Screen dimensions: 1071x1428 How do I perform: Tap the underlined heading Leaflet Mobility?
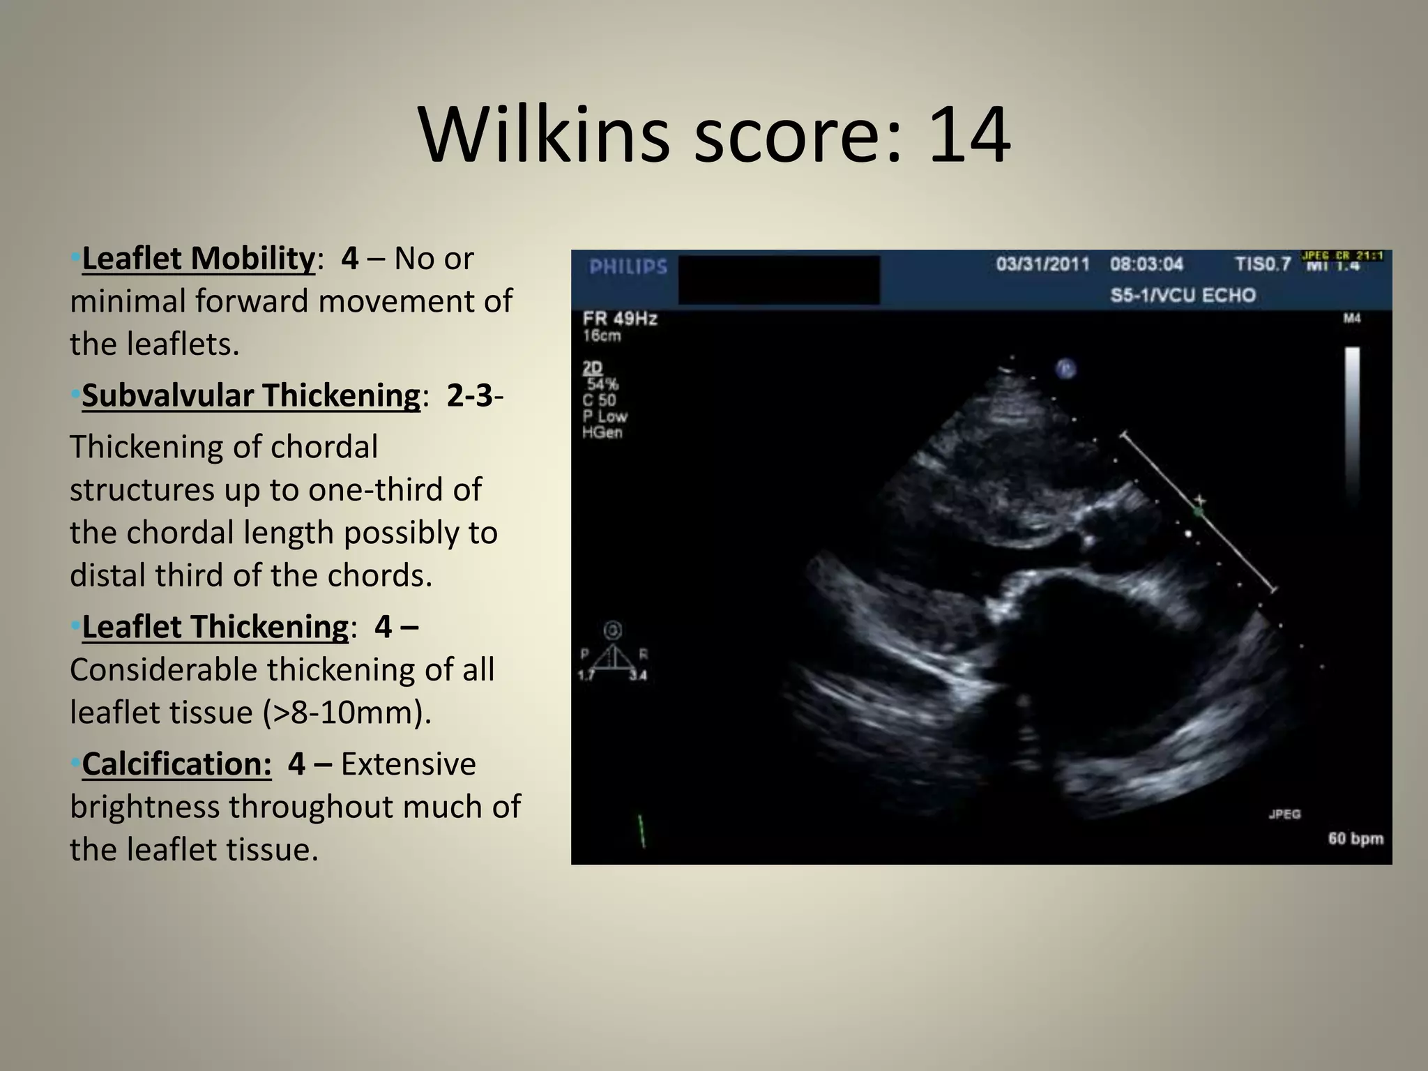pos(198,258)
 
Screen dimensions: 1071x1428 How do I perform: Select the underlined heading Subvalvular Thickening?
pos(251,395)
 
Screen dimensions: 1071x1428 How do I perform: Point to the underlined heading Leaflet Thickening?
pos(215,626)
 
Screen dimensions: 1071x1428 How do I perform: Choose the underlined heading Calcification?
pos(176,764)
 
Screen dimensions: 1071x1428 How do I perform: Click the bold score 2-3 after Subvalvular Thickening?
pos(470,395)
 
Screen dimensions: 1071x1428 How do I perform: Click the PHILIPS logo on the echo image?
pos(628,267)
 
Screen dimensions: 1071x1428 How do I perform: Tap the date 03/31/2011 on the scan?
pos(1042,264)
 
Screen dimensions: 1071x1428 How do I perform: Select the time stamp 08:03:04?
pos(1147,264)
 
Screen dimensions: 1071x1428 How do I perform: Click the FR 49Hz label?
pos(620,319)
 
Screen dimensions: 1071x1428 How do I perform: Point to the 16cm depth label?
pos(602,336)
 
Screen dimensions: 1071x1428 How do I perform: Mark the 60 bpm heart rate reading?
pos(1355,838)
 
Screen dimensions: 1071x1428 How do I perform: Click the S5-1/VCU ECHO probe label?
pos(1183,295)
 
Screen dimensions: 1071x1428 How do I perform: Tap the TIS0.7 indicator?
pos(1263,264)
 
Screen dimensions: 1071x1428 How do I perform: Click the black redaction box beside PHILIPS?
pos(779,280)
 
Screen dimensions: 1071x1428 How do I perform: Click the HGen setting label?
pos(602,432)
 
